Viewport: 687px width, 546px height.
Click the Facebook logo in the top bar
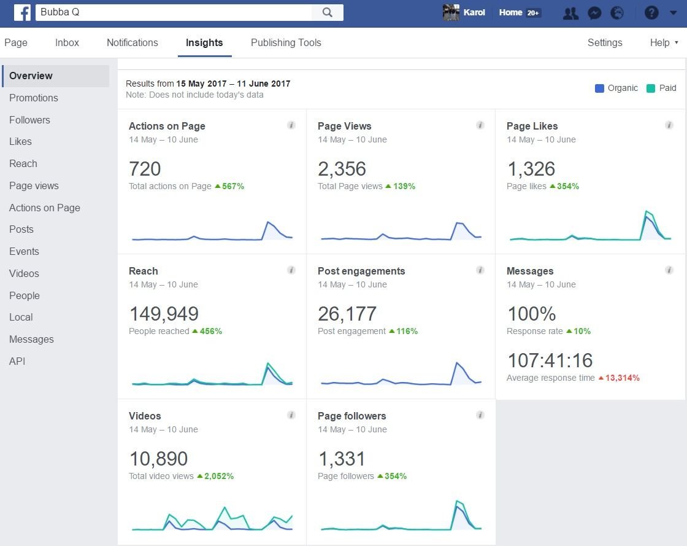click(22, 12)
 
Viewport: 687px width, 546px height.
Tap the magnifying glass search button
click(327, 12)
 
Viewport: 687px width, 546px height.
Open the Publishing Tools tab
click(286, 42)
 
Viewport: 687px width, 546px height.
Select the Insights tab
click(204, 42)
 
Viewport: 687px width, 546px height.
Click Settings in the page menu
click(605, 42)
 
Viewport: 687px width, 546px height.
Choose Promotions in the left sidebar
click(34, 98)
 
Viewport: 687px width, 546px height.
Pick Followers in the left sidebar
click(29, 120)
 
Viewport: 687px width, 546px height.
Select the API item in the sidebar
click(17, 361)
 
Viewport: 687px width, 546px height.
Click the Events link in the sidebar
click(24, 251)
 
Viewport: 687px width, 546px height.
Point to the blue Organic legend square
click(599, 88)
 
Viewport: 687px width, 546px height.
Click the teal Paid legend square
click(651, 88)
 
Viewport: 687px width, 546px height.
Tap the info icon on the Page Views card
click(480, 125)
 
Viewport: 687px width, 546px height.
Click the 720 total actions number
click(145, 169)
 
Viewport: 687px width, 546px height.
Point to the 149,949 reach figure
click(164, 314)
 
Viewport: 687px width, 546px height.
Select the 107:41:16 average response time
click(550, 361)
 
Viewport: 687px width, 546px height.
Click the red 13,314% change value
click(622, 378)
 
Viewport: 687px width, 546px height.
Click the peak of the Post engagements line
click(456, 363)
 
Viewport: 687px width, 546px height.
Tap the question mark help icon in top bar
click(651, 12)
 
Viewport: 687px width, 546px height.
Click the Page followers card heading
click(351, 416)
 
